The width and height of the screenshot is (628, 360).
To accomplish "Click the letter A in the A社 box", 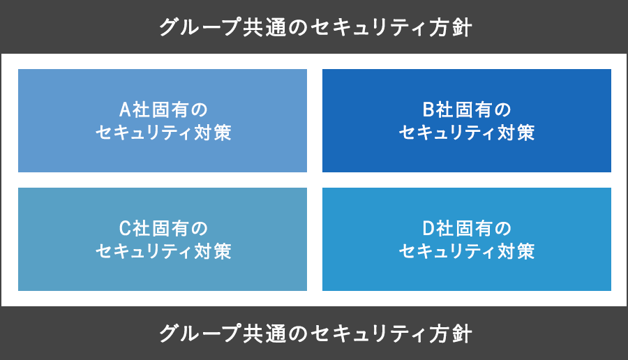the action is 126,110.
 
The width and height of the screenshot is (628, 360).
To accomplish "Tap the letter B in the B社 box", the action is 428,110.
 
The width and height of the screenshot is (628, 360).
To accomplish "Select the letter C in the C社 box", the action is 125,228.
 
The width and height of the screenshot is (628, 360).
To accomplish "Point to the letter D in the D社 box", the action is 428,228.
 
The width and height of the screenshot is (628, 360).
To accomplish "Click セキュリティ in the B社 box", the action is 447,133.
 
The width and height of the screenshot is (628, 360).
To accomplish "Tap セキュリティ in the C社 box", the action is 144,251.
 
